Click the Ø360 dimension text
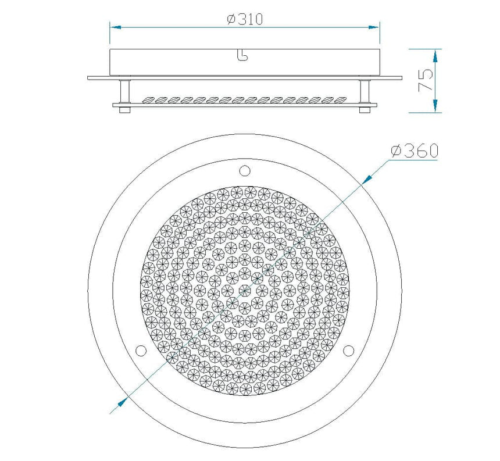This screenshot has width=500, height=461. [x=415, y=151]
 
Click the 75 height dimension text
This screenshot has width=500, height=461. [x=426, y=80]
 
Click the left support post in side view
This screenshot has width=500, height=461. [x=124, y=91]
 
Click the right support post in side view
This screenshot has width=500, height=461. [x=365, y=91]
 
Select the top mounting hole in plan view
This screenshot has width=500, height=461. [x=245, y=170]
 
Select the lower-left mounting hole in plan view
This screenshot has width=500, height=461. [x=140, y=350]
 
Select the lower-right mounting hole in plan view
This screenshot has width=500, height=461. [x=349, y=350]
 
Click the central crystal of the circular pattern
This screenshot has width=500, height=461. [x=245, y=290]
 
